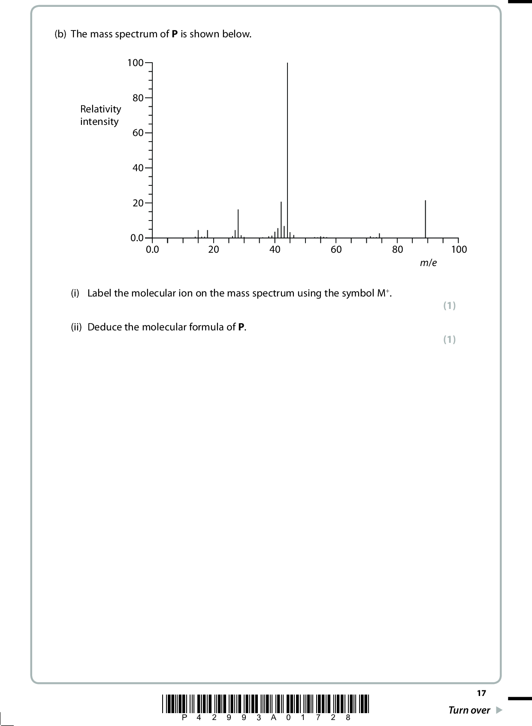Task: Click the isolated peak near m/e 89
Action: tap(426, 219)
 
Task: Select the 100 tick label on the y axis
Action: tap(135, 63)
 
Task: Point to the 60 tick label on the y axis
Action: tap(138, 133)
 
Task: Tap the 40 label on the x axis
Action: tap(275, 250)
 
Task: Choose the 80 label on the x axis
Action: tap(398, 250)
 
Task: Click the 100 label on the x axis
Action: tap(459, 250)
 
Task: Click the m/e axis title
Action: tap(428, 263)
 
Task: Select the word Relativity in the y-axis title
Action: tap(101, 109)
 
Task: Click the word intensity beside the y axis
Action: tap(99, 122)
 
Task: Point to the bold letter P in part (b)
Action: tap(175, 34)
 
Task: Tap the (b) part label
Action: tap(60, 34)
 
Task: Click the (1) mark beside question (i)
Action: tap(449, 306)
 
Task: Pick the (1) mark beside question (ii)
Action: tap(449, 340)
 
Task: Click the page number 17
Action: tap(481, 693)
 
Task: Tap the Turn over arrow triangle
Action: tap(499, 711)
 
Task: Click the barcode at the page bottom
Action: tap(266, 703)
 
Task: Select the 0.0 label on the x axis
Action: tap(152, 250)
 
